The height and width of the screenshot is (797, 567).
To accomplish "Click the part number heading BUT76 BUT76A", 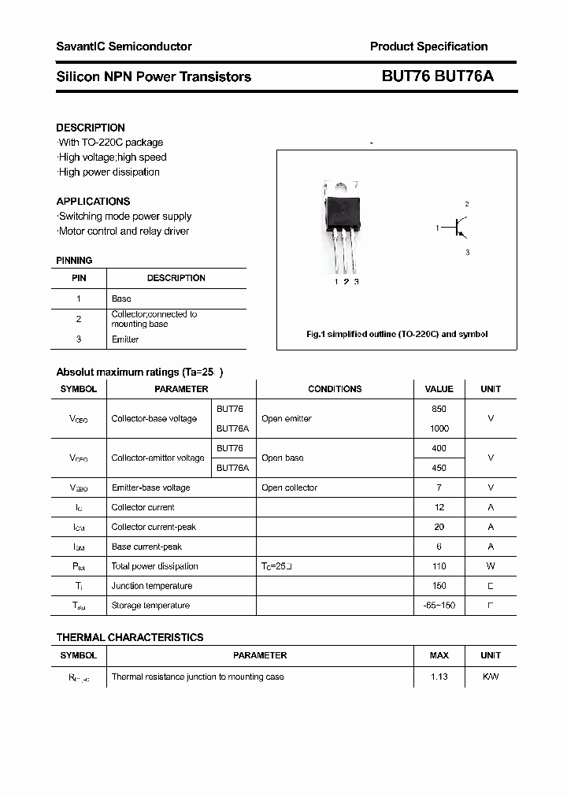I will click(438, 76).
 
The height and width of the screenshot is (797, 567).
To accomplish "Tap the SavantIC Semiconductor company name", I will click(124, 46).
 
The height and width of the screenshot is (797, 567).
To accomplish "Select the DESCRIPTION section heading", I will click(91, 128).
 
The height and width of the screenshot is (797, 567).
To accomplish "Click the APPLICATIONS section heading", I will click(93, 202).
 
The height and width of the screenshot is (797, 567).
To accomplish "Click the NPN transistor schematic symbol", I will click(458, 228).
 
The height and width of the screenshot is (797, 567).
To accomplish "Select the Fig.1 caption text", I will click(397, 334).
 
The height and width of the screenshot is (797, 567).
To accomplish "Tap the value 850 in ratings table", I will click(439, 409).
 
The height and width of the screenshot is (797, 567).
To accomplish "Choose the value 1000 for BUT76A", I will click(439, 428).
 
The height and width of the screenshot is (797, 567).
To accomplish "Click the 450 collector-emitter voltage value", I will click(439, 468).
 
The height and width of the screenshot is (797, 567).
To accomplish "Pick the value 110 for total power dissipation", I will click(439, 566).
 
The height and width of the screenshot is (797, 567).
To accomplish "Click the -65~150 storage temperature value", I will click(439, 606).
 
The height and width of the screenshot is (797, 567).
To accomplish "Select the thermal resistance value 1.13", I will click(439, 677).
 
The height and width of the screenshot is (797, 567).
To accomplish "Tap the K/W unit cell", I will click(491, 677).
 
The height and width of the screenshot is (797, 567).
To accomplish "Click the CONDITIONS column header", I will click(335, 389).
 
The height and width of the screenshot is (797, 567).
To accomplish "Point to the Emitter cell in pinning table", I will click(125, 339).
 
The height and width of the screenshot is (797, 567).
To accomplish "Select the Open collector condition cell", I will click(289, 487).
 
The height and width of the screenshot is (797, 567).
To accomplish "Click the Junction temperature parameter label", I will click(152, 586).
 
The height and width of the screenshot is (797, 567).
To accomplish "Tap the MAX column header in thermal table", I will click(439, 655).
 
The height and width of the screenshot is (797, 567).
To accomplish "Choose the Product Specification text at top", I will click(428, 46).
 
